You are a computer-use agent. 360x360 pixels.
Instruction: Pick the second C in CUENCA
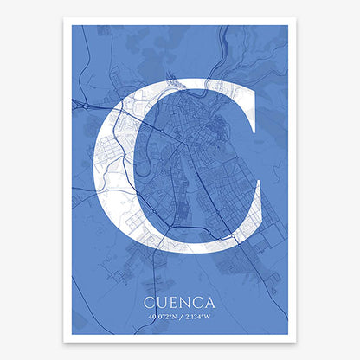[x=199, y=303]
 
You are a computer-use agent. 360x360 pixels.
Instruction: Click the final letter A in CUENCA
[x=213, y=303]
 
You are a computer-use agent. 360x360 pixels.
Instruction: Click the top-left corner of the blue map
[x=72, y=25]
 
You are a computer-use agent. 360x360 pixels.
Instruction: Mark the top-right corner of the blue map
[x=287, y=25]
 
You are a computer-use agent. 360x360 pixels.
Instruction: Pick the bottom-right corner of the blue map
[x=287, y=334]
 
